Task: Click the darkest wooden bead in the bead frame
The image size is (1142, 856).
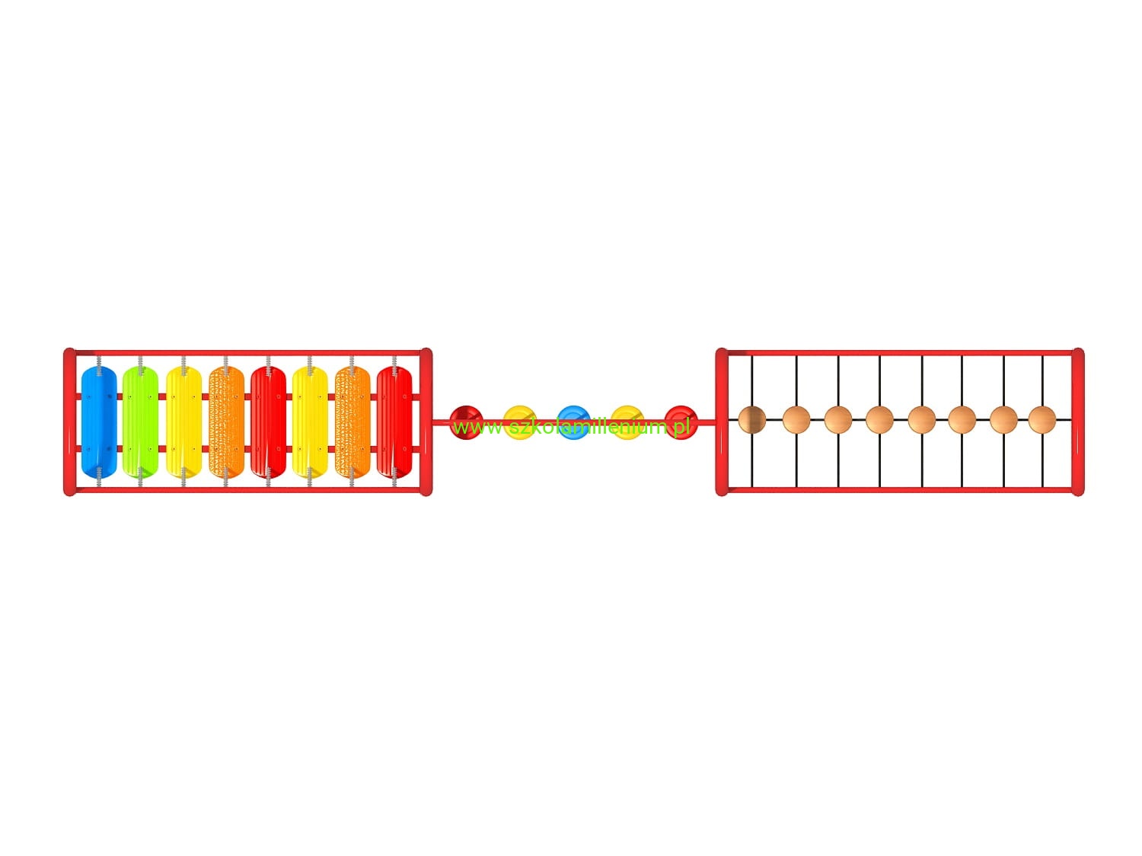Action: [752, 419]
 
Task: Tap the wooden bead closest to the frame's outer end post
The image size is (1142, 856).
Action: [1042, 419]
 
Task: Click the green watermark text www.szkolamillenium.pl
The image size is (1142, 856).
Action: [571, 428]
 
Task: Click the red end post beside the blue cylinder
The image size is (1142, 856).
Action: [69, 422]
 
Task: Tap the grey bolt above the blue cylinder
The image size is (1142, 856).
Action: [99, 361]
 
